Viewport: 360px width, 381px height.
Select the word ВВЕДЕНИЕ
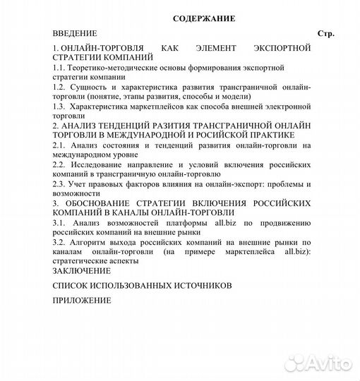tap(75, 33)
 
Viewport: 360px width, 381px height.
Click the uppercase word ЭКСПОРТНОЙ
tap(282, 47)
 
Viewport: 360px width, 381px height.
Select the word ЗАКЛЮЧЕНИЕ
tap(82, 270)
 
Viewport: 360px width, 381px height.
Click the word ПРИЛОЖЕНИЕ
tap(82, 300)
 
